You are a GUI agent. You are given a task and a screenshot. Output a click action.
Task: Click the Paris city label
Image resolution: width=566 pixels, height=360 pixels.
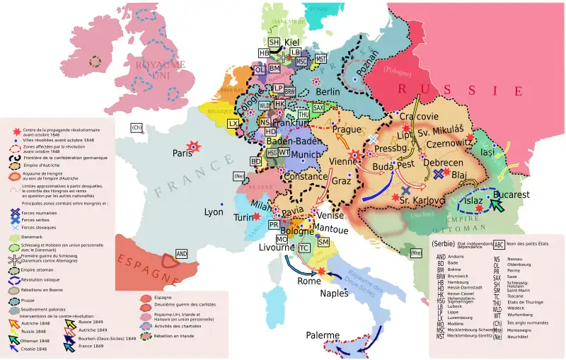click(x=183, y=153)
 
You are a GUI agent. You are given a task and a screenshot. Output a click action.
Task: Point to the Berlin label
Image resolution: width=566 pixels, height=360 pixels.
click(x=328, y=92)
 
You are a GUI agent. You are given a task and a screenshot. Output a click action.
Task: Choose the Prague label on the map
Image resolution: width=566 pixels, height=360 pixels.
click(x=347, y=129)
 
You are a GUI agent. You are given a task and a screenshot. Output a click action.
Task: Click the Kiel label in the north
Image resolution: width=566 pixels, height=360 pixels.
click(x=293, y=42)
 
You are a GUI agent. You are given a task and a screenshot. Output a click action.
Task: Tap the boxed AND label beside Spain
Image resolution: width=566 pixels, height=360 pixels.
click(x=182, y=253)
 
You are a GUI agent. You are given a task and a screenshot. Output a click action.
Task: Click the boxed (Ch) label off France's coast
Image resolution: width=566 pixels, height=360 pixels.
click(x=137, y=127)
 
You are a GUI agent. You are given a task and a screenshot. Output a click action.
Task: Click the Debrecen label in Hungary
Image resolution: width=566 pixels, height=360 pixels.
click(x=443, y=162)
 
